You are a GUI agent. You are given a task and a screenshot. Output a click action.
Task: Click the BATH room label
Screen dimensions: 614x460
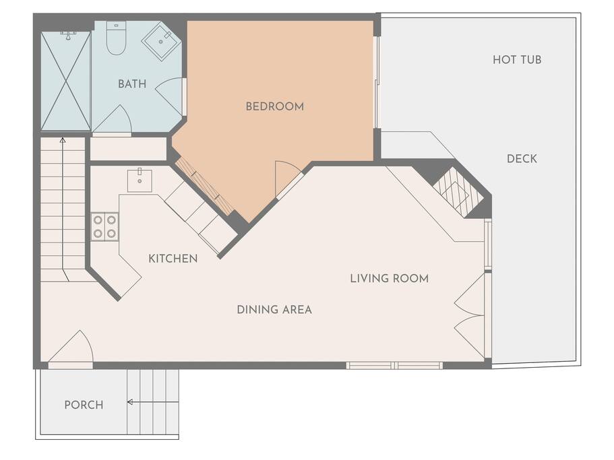tap(132, 84)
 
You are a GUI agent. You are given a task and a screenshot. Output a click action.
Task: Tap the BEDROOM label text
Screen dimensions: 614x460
tap(274, 106)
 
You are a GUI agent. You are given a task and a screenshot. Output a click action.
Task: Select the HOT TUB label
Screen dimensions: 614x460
tap(517, 59)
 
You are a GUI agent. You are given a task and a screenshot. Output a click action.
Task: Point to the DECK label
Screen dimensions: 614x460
tap(522, 158)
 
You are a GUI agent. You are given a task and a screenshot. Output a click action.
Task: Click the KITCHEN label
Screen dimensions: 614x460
tap(173, 259)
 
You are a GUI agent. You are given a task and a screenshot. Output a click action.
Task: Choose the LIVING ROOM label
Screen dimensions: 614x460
tap(390, 279)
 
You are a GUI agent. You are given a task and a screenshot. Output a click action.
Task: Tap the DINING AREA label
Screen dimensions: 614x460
tap(274, 310)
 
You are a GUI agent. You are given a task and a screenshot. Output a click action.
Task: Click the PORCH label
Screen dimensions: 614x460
tap(84, 405)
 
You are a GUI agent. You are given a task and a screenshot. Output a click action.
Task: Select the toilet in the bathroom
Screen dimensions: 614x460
tap(117, 38)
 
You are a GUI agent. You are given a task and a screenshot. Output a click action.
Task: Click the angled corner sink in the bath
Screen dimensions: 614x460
tap(161, 41)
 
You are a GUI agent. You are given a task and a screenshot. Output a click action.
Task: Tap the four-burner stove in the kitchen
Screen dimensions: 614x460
tap(104, 226)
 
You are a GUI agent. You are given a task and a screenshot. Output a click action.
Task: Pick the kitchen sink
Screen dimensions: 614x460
tap(140, 180)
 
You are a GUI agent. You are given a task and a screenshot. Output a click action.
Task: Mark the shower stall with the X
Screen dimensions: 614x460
tap(66, 81)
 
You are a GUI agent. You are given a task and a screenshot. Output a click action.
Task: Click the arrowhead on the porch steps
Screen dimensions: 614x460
tap(130, 401)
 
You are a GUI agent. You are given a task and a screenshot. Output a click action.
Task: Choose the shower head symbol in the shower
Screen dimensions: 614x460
tap(68, 36)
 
